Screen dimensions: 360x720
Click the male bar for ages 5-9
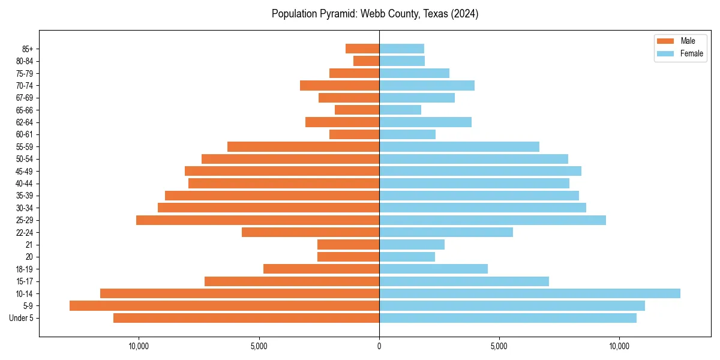(224, 306)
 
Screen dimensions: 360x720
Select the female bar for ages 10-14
(530, 293)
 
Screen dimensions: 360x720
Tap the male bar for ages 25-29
(257, 220)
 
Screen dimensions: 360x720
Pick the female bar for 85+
(401, 49)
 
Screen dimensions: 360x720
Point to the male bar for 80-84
(366, 61)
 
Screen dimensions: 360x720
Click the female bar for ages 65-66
(400, 110)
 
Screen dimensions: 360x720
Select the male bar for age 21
(348, 245)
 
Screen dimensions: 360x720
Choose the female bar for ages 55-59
(459, 146)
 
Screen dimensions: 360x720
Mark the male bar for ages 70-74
(340, 85)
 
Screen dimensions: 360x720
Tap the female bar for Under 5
(508, 318)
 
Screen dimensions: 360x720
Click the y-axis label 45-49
(25, 171)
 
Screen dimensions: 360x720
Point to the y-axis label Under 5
(22, 318)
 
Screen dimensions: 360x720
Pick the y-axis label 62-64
(25, 122)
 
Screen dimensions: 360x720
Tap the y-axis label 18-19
(25, 269)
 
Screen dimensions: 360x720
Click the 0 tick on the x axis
(379, 346)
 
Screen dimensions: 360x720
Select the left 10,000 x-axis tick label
(139, 346)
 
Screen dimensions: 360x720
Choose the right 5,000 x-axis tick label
(499, 346)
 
